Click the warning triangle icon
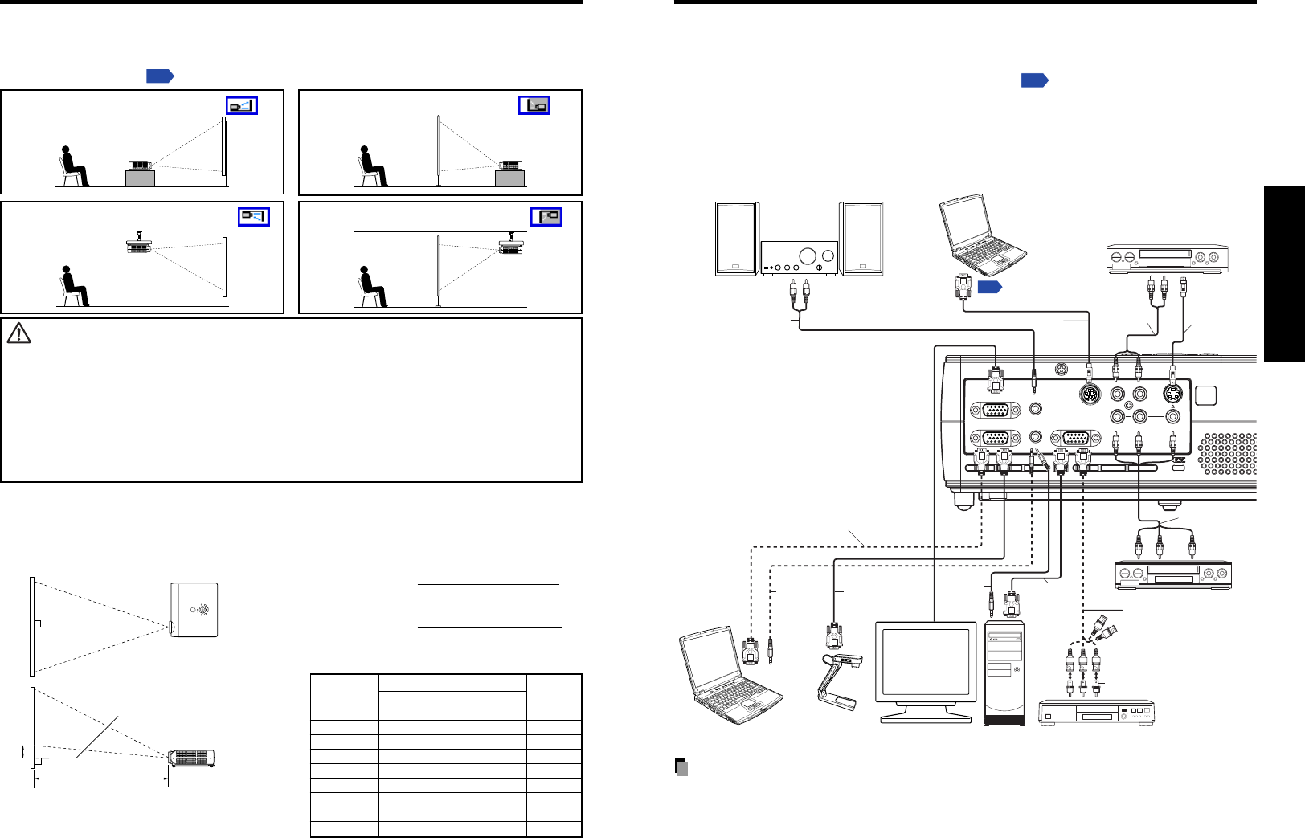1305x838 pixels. point(18,333)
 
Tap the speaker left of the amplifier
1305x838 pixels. point(736,239)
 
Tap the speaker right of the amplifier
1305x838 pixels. point(861,239)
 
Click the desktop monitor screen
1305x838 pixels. point(925,662)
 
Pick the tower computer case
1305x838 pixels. point(1005,672)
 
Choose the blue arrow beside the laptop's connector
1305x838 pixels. point(989,287)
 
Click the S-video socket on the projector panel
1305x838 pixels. point(1173,394)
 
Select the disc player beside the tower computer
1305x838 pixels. point(1096,713)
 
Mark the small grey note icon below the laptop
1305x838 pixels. point(681,767)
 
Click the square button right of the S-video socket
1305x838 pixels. point(1205,395)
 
